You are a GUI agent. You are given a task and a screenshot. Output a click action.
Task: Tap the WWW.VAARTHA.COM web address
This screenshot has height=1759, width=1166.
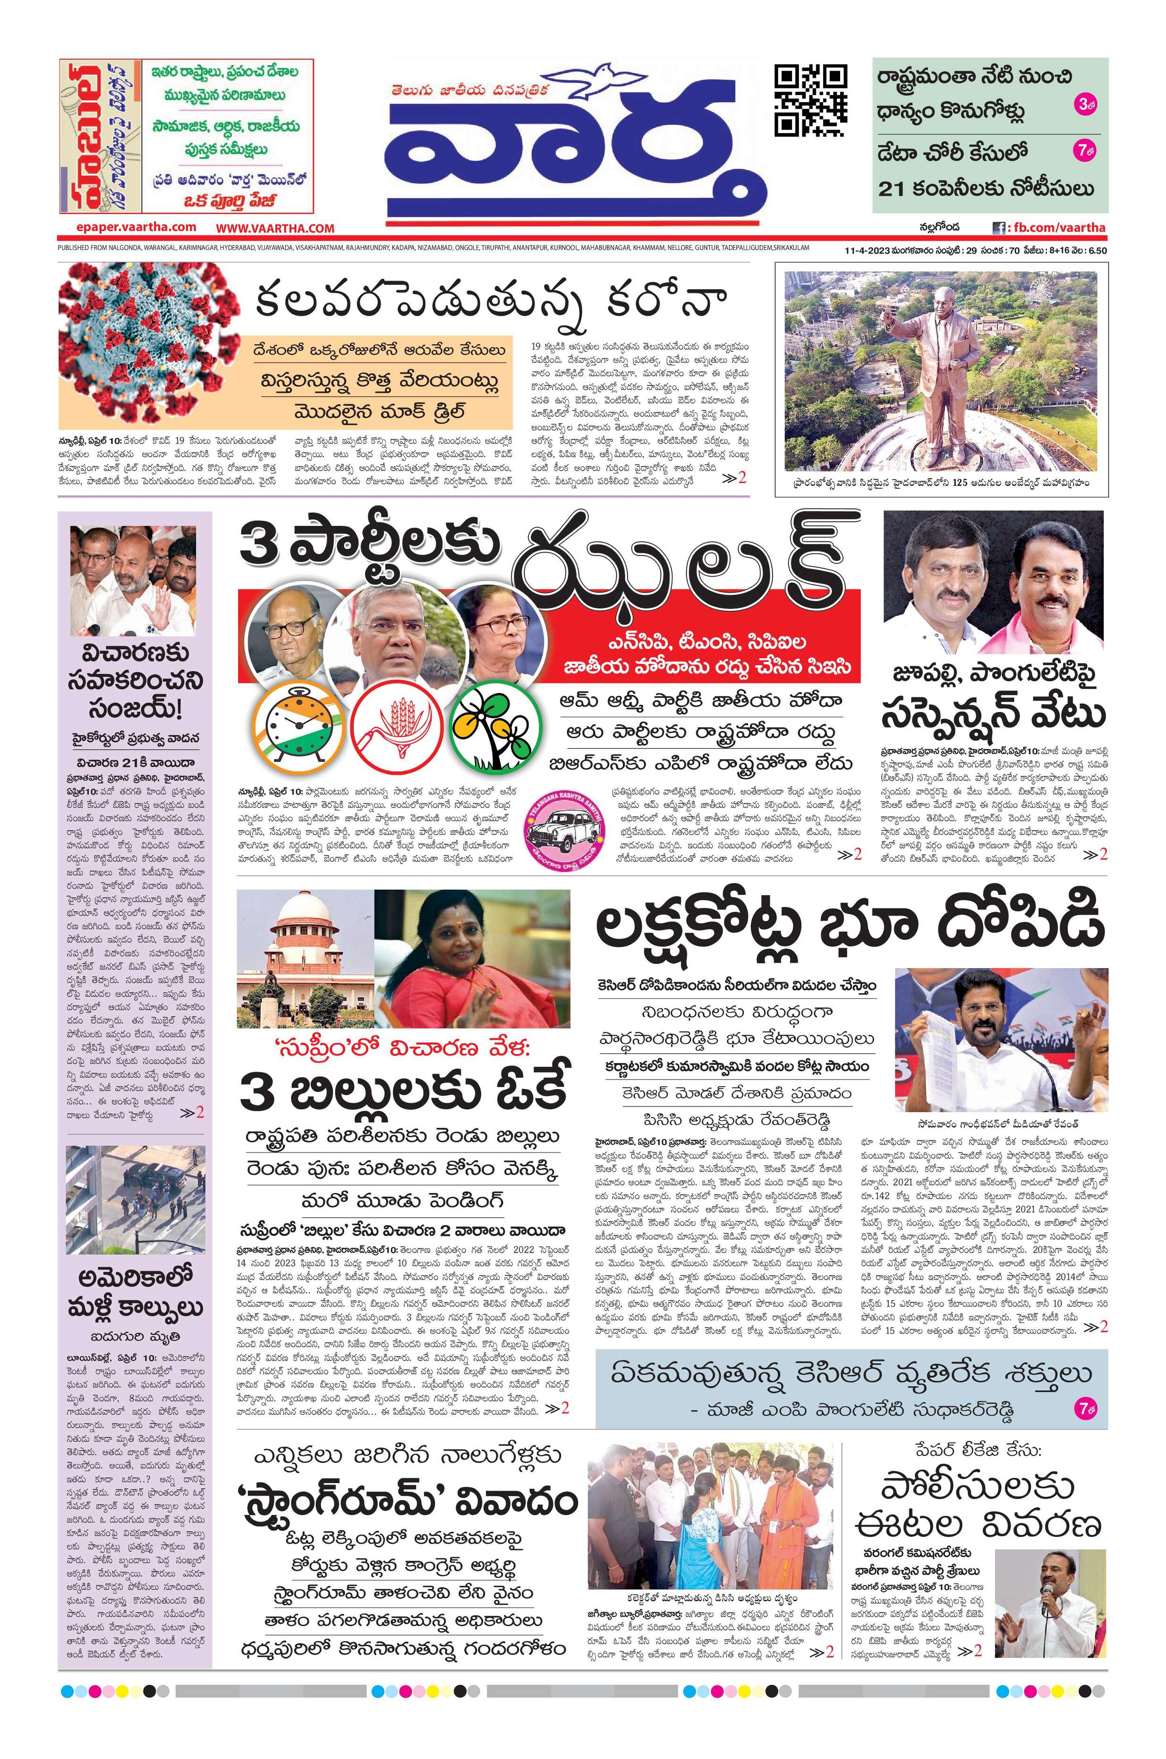275,228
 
